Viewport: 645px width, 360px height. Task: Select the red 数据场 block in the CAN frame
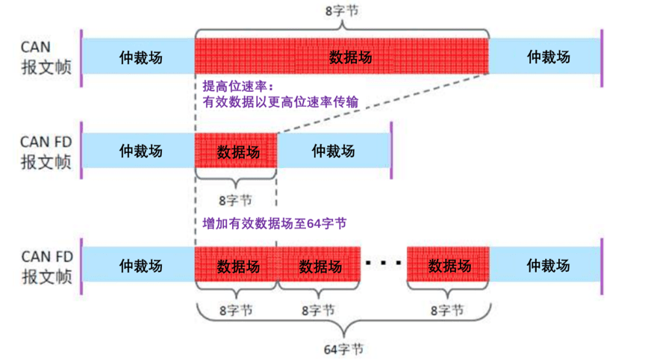pos(341,57)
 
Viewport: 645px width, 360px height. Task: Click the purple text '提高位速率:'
pos(234,87)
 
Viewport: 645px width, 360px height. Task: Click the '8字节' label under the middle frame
pos(235,199)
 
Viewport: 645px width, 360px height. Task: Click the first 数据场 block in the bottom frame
pos(237,265)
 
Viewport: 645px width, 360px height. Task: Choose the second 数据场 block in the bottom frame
pos(320,265)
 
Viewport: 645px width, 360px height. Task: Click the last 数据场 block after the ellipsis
pos(449,265)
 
